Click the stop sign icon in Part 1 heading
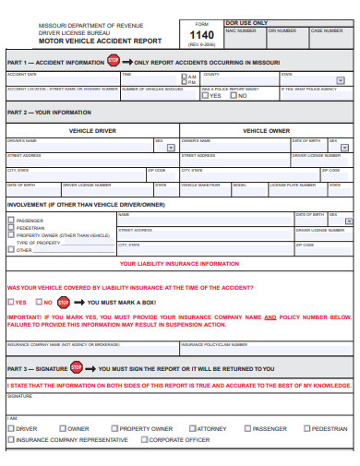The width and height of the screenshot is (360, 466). [114, 61]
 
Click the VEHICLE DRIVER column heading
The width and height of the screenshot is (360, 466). [91, 130]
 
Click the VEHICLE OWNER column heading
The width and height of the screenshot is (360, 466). [267, 130]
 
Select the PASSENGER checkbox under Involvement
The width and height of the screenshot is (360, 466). [10, 221]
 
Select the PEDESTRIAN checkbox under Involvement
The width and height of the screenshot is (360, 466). [10, 228]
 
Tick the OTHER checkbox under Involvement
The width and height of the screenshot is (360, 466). [10, 250]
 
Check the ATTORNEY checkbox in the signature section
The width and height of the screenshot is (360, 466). [195, 429]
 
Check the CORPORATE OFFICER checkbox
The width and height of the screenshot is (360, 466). [144, 440]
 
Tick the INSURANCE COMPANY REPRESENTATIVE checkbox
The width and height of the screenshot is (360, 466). [10, 440]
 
